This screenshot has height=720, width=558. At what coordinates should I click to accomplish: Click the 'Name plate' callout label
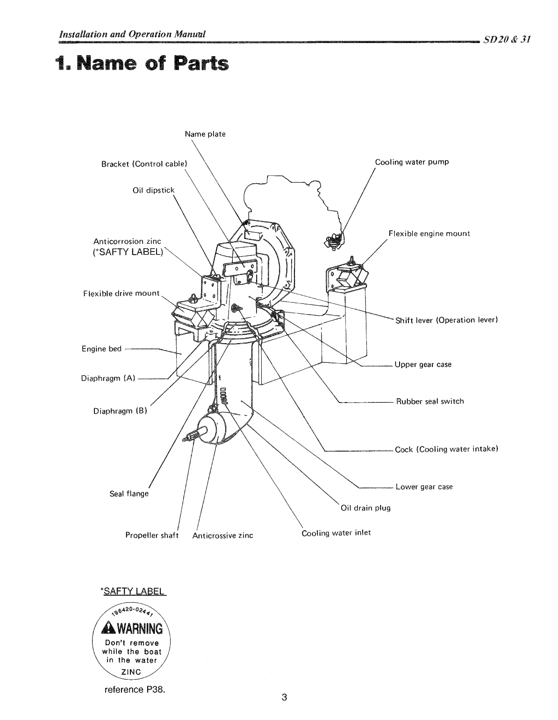205,134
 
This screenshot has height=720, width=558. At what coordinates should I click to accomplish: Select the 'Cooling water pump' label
412,162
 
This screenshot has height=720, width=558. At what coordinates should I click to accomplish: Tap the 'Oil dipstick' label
153,190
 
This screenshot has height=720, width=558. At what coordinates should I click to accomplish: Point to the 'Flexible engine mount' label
429,234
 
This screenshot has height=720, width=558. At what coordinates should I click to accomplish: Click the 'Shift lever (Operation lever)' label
446,320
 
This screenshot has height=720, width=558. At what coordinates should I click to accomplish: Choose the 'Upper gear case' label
423,365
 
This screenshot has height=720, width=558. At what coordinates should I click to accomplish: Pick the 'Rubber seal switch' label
430,402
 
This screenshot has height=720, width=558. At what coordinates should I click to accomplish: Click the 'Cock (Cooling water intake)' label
446,450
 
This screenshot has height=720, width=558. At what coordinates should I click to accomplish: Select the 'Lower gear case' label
424,487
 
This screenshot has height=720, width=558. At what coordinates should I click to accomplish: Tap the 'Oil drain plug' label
365,508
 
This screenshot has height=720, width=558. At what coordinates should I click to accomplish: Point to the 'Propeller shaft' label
152,535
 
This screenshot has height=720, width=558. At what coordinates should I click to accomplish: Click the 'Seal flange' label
129,494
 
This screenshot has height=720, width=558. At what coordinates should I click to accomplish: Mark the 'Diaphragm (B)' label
120,412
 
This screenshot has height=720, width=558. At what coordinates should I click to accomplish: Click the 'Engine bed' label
101,349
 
